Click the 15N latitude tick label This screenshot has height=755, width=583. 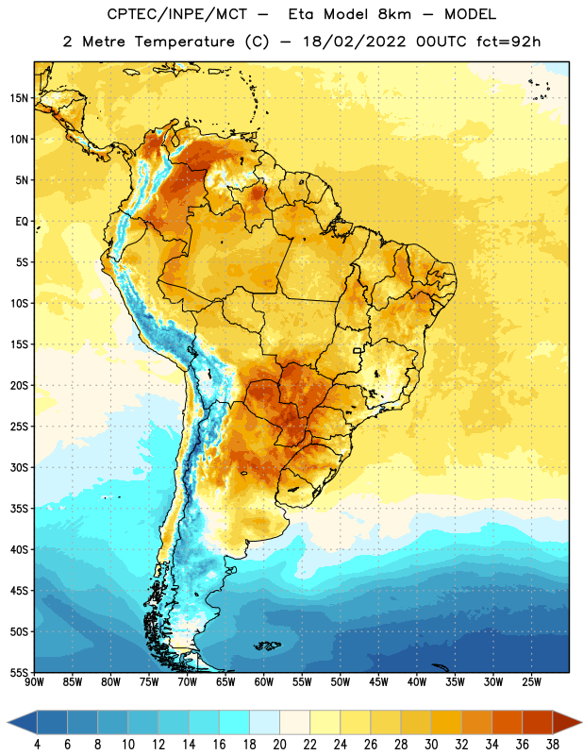click(19, 98)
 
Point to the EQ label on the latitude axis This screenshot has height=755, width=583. click(22, 222)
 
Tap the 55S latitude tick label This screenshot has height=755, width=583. click(19, 673)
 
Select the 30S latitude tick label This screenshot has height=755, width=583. click(19, 467)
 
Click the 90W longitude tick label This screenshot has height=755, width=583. click(35, 681)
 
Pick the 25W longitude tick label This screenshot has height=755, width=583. click(531, 681)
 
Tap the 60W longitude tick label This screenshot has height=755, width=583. click(264, 681)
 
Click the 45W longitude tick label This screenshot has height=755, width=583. click(378, 681)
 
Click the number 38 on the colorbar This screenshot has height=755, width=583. click(552, 745)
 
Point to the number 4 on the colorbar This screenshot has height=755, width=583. click(37, 745)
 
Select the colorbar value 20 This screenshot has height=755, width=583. click(279, 745)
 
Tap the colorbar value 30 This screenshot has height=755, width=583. click(431, 745)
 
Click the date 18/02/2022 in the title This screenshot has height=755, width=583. click(355, 42)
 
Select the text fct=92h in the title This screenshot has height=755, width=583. click(508, 42)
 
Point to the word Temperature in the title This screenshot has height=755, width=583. click(184, 42)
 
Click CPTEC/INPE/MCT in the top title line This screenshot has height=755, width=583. click(177, 14)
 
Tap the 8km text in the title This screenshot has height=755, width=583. click(394, 14)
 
